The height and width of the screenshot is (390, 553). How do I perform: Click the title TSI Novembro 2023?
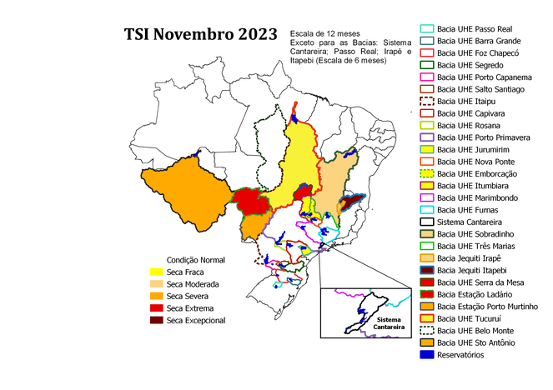click(x=200, y=34)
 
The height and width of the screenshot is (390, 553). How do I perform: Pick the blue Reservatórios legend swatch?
click(x=427, y=355)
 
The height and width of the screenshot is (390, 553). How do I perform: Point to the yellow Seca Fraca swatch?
click(x=155, y=272)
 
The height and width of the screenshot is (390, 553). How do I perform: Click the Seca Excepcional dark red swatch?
click(x=155, y=320)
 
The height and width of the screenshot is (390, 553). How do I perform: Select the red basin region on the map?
click(x=251, y=202)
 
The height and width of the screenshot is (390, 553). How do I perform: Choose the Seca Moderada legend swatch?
click(x=155, y=284)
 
